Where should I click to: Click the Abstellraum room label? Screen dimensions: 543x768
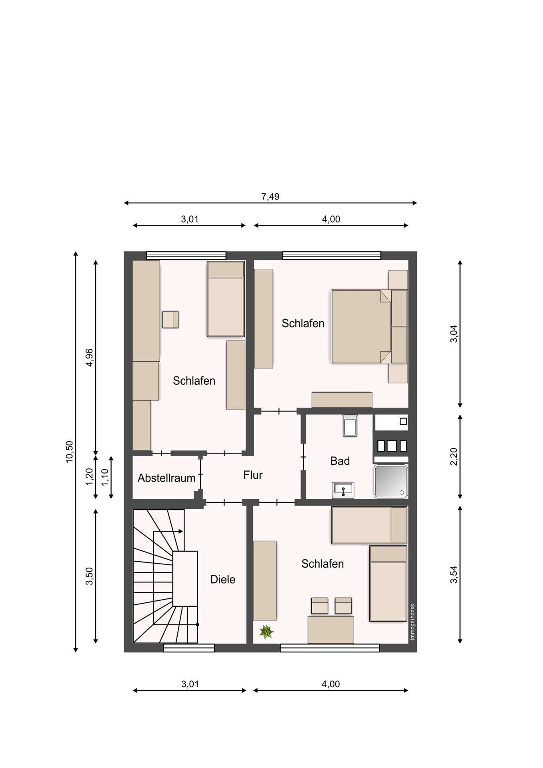166,478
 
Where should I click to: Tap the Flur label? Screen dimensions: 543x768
253,475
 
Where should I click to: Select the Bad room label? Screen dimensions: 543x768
340,461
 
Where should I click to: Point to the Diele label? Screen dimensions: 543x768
223,580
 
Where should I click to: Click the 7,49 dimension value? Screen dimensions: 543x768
270,196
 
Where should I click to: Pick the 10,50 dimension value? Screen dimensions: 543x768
70,452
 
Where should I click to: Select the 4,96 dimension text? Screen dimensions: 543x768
89,357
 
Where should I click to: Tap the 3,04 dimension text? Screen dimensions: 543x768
454,334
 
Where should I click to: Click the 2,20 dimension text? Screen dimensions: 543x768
454,456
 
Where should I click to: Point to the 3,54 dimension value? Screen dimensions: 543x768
454,574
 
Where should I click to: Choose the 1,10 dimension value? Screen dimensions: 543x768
105,477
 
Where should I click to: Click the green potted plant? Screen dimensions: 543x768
266,632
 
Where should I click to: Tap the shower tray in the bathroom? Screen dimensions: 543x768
391,482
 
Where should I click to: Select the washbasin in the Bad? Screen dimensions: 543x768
343,490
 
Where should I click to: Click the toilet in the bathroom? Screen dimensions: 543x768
350,426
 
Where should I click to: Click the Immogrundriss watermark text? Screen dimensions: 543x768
413,622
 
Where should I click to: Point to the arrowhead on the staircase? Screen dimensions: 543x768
181,531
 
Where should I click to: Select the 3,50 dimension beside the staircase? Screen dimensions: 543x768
89,576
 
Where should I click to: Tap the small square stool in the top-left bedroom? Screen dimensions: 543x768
170,320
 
